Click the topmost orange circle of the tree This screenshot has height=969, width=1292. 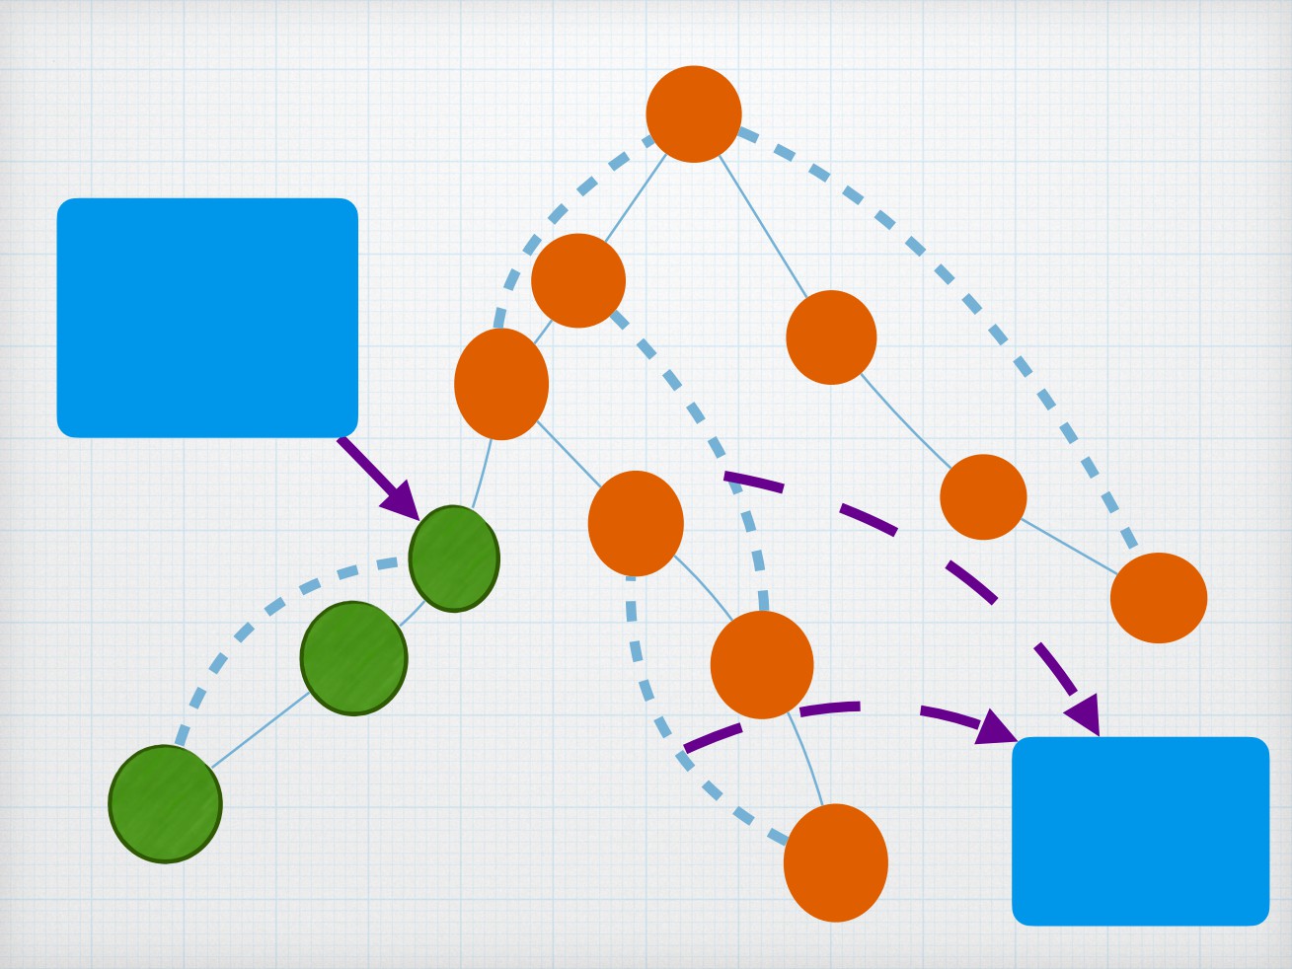[x=694, y=113]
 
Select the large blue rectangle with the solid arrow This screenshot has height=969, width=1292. [x=207, y=317]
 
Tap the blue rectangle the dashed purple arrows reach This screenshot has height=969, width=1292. [x=1140, y=831]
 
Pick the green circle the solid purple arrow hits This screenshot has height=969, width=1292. [x=454, y=559]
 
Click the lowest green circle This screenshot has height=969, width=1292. [x=165, y=804]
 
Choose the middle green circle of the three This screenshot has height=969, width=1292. [x=353, y=657]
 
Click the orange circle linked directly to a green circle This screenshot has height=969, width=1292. [x=501, y=384]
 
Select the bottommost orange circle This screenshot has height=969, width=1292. [x=835, y=862]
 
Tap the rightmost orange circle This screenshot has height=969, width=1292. [x=1158, y=598]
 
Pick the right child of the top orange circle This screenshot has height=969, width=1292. [x=831, y=337]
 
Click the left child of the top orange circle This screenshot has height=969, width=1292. [x=578, y=280]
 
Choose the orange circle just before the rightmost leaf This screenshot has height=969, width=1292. [x=983, y=497]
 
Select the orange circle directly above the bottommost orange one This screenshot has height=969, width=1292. [x=762, y=664]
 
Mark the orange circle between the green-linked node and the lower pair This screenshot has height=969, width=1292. [x=636, y=523]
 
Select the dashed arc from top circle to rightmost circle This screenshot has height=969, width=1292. [x=967, y=296]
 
